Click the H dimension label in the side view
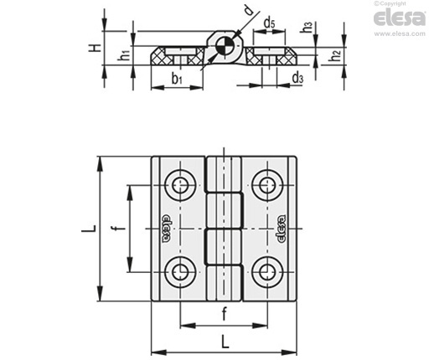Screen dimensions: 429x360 (95, 48)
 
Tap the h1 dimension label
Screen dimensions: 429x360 (123, 54)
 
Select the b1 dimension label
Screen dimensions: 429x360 (177, 78)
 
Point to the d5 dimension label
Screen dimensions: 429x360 (269, 23)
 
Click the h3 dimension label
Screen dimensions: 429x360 (307, 27)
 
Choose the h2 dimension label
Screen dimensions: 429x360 (334, 55)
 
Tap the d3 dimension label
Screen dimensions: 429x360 (297, 77)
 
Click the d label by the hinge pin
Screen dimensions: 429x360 (248, 10)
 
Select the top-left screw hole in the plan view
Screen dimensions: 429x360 (180, 185)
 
